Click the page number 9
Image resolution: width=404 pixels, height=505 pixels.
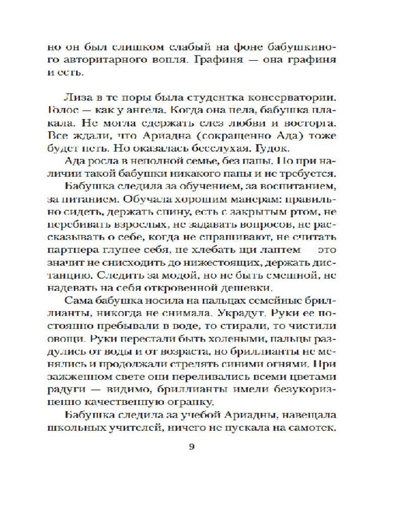click(191, 445)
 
